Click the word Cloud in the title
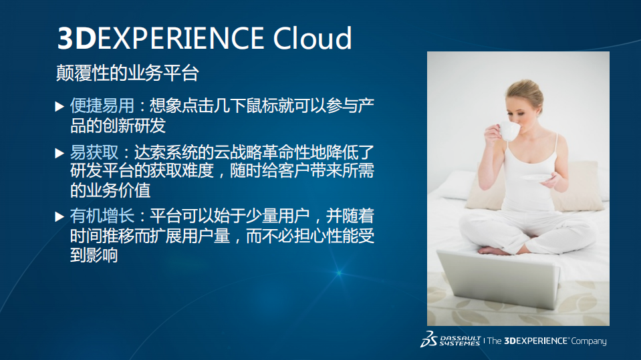(x=312, y=38)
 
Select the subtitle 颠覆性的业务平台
(x=127, y=73)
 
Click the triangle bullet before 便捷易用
(x=59, y=106)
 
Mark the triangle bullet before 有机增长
(x=59, y=216)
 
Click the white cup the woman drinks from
(x=509, y=130)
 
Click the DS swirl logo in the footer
(x=428, y=339)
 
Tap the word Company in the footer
(x=589, y=341)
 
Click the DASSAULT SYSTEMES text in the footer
(x=459, y=341)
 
